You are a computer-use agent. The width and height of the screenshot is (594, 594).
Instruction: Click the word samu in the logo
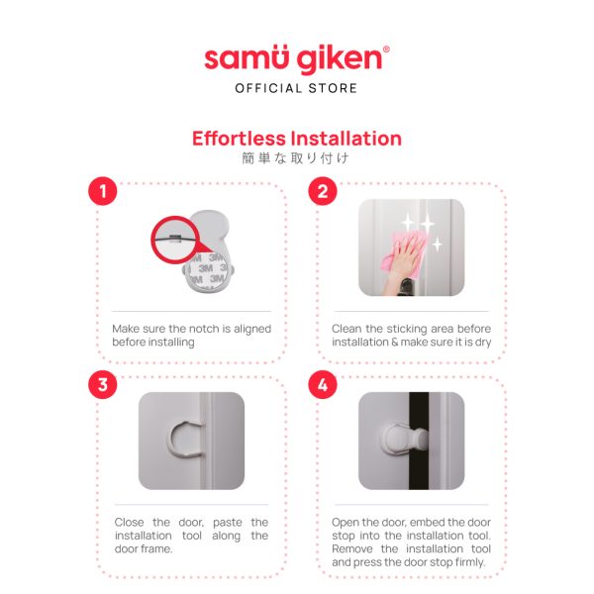(247, 58)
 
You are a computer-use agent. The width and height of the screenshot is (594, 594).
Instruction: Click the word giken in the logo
(339, 59)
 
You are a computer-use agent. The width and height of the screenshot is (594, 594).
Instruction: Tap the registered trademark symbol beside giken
(386, 49)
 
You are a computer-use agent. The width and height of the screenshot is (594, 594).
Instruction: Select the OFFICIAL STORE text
(296, 88)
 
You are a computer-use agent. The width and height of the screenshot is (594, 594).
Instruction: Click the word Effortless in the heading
(239, 138)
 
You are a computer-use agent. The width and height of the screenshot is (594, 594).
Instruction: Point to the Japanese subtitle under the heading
(295, 158)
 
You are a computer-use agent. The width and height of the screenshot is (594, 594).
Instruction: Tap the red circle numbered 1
(103, 191)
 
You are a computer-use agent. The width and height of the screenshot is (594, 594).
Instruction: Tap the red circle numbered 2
(323, 191)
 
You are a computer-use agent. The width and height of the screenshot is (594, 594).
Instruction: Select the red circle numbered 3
(103, 385)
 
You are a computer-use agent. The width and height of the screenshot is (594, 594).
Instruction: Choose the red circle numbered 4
(323, 385)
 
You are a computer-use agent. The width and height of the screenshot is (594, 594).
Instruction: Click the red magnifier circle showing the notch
(175, 240)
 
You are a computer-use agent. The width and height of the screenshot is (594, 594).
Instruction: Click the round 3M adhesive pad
(208, 272)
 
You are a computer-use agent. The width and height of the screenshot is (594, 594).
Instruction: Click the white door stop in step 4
(405, 440)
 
